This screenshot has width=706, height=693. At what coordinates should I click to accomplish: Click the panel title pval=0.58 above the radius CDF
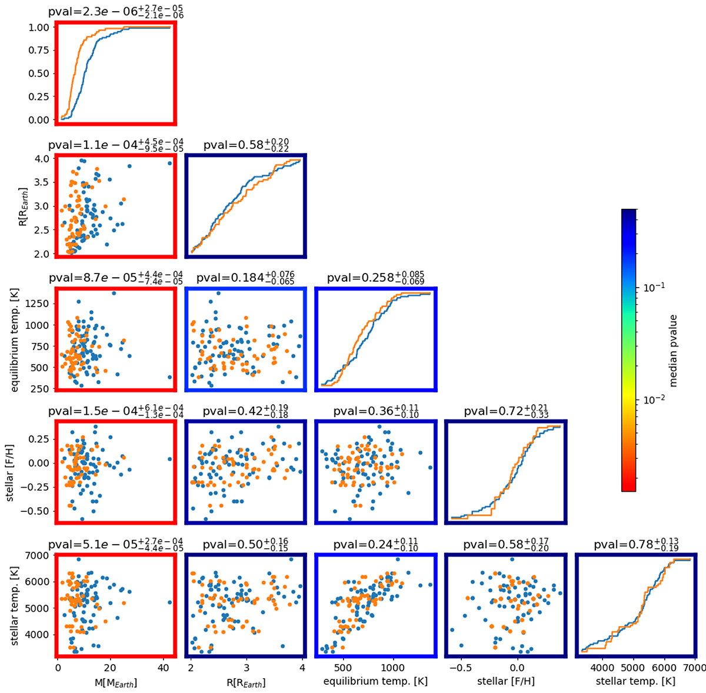point(246,145)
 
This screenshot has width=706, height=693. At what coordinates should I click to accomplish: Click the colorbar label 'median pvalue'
point(674,351)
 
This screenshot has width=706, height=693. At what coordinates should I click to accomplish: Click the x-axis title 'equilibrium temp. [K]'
point(376,682)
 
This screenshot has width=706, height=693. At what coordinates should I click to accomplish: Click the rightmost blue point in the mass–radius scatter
point(170,164)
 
